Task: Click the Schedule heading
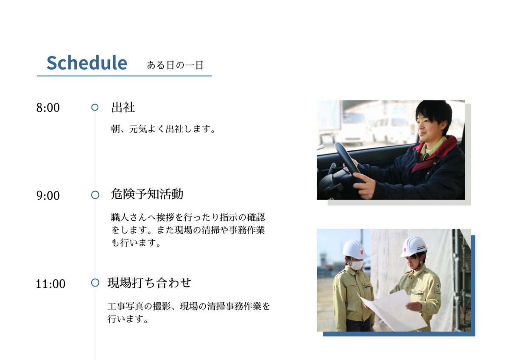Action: pyautogui.click(x=87, y=62)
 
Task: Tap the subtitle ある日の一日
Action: pyautogui.click(x=175, y=65)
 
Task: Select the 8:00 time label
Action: pyautogui.click(x=48, y=107)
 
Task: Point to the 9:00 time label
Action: pyautogui.click(x=48, y=196)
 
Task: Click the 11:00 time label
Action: pyautogui.click(x=50, y=284)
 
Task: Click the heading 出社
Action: pyautogui.click(x=123, y=107)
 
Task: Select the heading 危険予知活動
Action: pyautogui.click(x=147, y=194)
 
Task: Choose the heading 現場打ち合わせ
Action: pyautogui.click(x=149, y=283)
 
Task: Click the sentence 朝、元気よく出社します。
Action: pyautogui.click(x=163, y=129)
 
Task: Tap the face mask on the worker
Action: pyautogui.click(x=357, y=265)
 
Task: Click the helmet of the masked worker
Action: pyautogui.click(x=354, y=250)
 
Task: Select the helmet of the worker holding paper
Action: pyautogui.click(x=414, y=246)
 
